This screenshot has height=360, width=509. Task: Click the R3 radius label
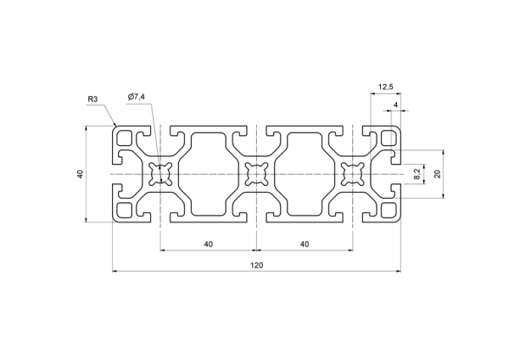click(92, 99)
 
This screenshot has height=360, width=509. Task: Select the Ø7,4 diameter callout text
click(137, 97)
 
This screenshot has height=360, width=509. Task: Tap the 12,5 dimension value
click(386, 87)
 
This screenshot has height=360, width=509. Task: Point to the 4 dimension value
click(395, 104)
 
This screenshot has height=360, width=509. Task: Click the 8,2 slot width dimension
click(417, 174)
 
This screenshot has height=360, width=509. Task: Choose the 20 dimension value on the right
click(438, 174)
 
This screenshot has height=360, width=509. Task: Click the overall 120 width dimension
click(256, 265)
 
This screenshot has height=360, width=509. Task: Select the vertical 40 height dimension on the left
click(81, 174)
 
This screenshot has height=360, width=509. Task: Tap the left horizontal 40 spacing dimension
click(209, 244)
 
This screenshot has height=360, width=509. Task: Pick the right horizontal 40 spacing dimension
click(305, 244)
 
